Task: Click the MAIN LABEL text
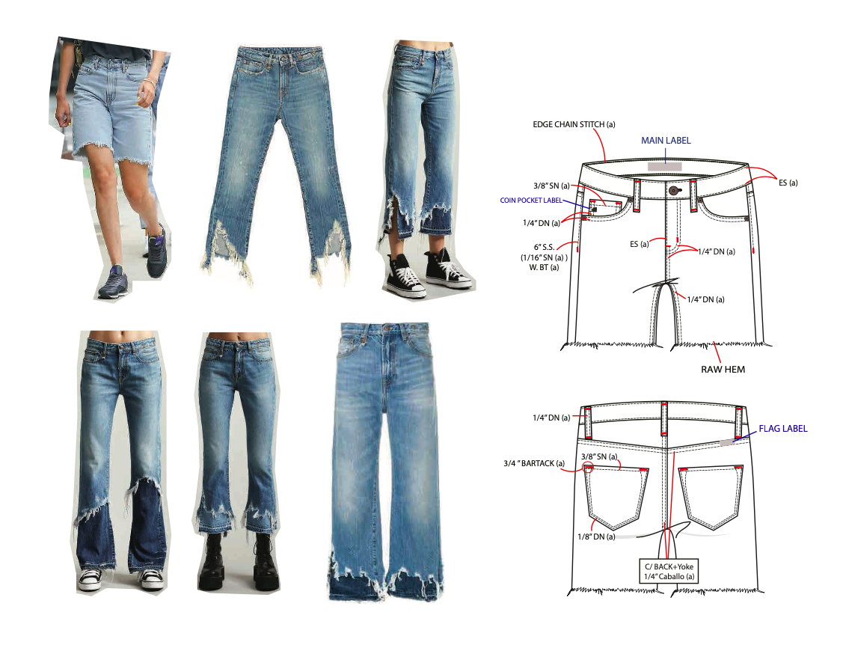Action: [x=666, y=140]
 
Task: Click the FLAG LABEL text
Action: [x=783, y=429]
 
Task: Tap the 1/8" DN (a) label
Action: [x=595, y=537]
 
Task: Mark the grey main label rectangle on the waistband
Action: [x=664, y=166]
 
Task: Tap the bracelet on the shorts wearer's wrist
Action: [x=150, y=81]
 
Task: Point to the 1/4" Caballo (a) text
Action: [x=669, y=576]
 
